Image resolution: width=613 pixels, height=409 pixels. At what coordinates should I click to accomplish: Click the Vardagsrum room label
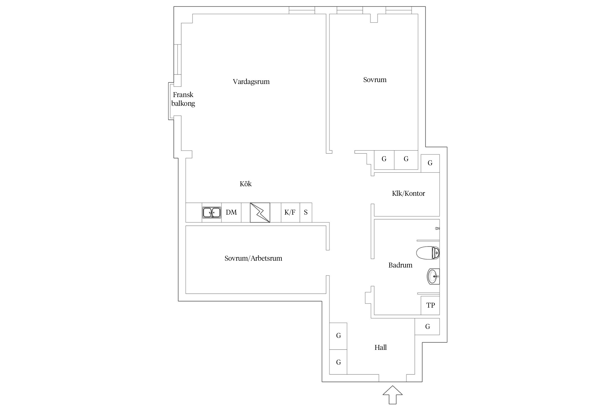[x=251, y=82]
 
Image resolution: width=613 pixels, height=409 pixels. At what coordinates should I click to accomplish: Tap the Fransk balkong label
[x=183, y=99]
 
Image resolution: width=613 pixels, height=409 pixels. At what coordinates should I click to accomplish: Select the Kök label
[x=245, y=184]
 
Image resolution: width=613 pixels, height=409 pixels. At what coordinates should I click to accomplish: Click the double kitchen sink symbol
[x=212, y=213]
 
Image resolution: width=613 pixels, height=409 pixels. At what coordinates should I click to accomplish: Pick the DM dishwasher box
[x=231, y=212]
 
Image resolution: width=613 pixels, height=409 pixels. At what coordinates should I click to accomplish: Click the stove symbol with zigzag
[x=260, y=212]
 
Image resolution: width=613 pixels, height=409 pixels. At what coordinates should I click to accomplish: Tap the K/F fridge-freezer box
[x=290, y=212]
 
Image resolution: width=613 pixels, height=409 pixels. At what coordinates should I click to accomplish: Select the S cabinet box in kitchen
[x=306, y=212]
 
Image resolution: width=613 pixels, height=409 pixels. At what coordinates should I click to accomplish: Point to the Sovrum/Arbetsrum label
[x=253, y=258]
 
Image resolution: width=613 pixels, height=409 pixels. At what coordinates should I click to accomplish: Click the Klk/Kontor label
[x=408, y=193]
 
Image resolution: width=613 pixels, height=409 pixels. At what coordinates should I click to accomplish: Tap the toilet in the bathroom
[x=428, y=253]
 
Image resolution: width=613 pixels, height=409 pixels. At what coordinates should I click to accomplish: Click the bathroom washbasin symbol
[x=433, y=276]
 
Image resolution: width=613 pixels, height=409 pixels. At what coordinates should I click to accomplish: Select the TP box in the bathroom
[x=430, y=305]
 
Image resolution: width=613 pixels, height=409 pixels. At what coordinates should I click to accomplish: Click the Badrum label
[x=400, y=265]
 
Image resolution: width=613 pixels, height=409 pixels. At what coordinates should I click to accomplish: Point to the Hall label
[x=381, y=347]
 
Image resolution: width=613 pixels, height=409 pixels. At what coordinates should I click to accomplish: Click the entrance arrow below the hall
[x=393, y=395]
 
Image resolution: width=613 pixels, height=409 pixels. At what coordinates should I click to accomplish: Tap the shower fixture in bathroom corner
[x=438, y=228]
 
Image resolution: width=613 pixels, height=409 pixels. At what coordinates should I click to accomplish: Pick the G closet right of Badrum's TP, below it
[x=427, y=327]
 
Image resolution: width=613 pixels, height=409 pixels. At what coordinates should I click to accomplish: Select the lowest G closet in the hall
[x=338, y=362]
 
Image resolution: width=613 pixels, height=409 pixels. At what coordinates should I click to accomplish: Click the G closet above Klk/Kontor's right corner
[x=430, y=163]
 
